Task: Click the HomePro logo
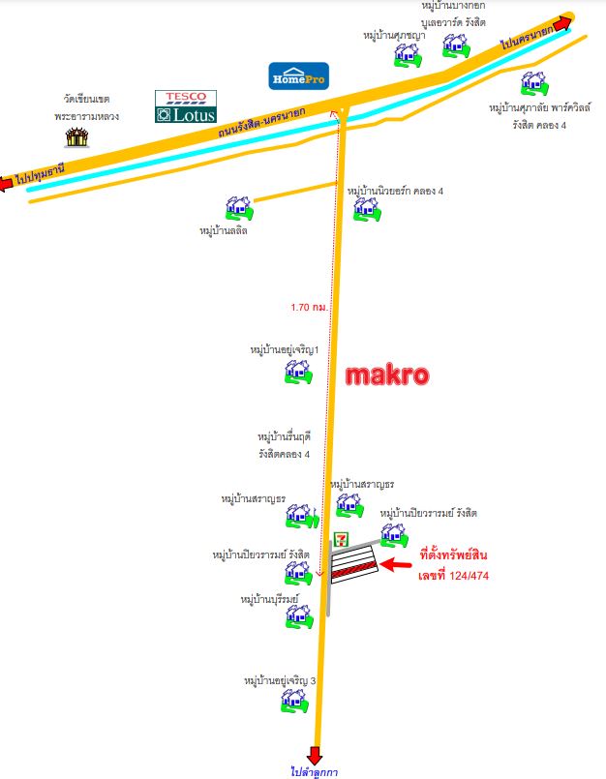299,76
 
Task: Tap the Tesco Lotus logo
186,106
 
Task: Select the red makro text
387,375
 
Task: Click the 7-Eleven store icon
341,540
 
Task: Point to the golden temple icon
77,137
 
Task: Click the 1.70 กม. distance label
309,308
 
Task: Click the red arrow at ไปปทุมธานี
6,183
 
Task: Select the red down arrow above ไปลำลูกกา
315,756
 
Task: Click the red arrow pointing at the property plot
396,564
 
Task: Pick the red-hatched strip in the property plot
354,569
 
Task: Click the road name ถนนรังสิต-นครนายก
261,122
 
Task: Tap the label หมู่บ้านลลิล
224,231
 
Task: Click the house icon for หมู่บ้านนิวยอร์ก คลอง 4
368,209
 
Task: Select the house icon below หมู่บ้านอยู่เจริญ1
298,373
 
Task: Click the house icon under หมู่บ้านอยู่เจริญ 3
295,701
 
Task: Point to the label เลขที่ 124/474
453,576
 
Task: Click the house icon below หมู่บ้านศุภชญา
409,55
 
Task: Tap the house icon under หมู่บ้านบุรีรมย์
299,616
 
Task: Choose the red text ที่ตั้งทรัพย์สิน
453,554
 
